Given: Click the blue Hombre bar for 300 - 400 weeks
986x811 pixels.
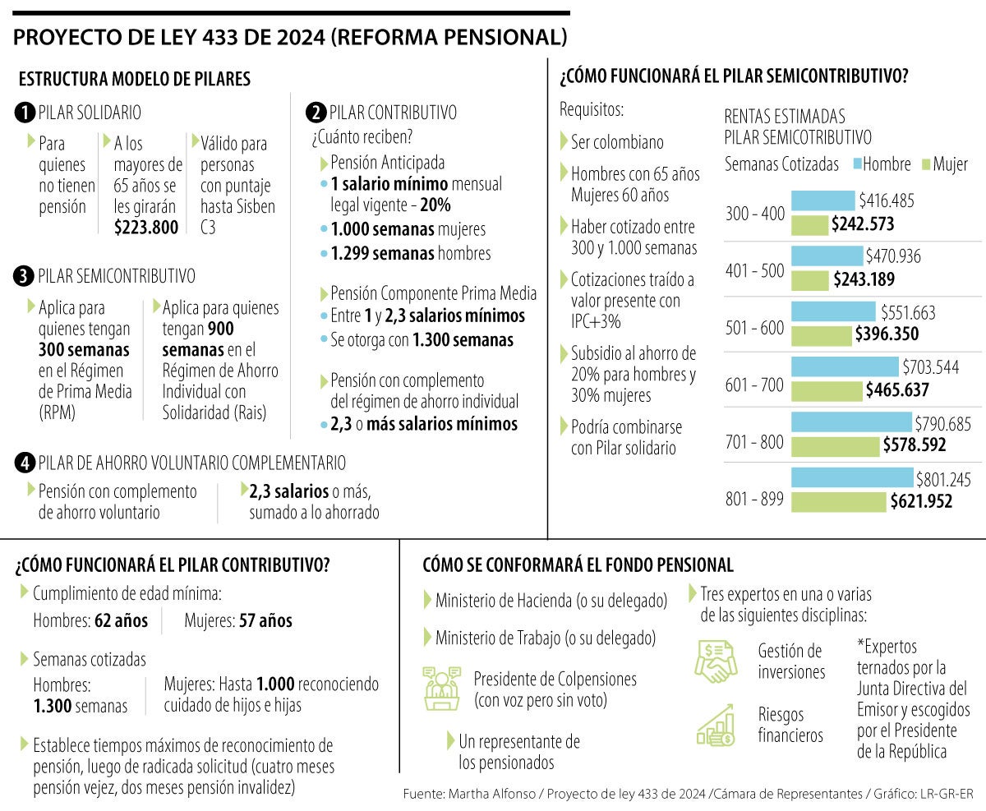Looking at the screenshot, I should pyautogui.click(x=822, y=200).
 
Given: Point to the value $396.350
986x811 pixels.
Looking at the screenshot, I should pyautogui.click(x=887, y=334).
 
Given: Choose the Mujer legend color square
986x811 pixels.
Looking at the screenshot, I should pyautogui.click(x=924, y=164).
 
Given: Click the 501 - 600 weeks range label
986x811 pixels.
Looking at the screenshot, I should pyautogui.click(x=754, y=326).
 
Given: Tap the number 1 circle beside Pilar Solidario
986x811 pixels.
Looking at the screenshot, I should pyautogui.click(x=25, y=113).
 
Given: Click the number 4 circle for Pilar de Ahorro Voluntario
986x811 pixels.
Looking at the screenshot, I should pyautogui.click(x=25, y=463).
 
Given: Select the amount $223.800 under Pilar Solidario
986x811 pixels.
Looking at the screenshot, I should pyautogui.click(x=146, y=228).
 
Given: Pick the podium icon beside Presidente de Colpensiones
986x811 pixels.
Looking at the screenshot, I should pyautogui.click(x=442, y=689).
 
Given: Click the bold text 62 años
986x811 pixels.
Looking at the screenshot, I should pyautogui.click(x=121, y=620).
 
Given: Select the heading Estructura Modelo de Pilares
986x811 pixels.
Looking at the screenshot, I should pyautogui.click(x=134, y=79).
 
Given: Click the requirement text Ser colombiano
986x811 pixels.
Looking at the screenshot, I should pyautogui.click(x=617, y=142).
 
